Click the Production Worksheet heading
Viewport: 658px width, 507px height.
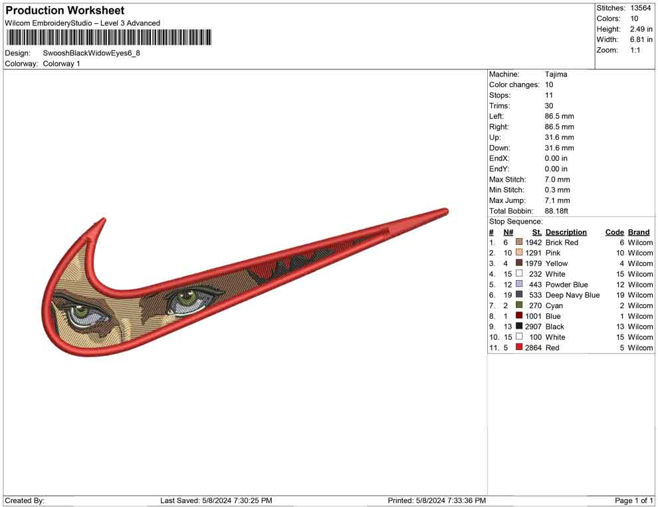[65, 10]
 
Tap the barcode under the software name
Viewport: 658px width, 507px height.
[109, 37]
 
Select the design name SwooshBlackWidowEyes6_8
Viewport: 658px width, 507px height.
[92, 53]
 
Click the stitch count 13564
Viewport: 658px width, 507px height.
[640, 8]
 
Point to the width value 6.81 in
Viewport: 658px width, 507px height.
[641, 39]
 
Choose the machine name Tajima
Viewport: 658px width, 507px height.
[556, 75]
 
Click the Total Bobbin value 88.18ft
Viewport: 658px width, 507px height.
[556, 211]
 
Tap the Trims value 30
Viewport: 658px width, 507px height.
[549, 106]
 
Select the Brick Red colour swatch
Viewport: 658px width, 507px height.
[519, 242]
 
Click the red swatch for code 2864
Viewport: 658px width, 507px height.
[519, 347]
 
